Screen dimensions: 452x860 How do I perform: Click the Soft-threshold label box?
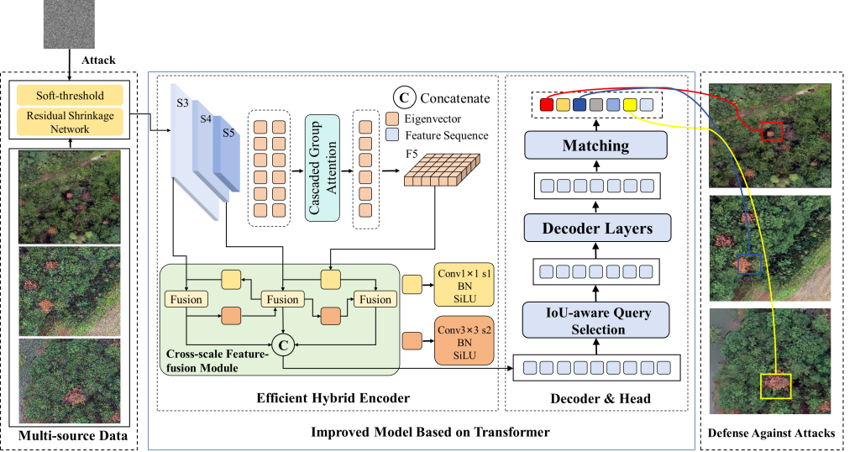point(70,95)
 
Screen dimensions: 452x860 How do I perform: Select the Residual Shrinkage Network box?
point(70,123)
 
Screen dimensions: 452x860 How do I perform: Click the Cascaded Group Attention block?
point(322,168)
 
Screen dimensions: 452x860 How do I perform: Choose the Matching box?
point(595,145)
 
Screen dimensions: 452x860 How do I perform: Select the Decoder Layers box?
point(597,228)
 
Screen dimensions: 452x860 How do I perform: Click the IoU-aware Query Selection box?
point(597,321)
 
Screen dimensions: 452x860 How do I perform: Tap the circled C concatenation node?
point(284,343)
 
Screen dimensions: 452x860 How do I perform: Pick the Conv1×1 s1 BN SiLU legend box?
point(464,286)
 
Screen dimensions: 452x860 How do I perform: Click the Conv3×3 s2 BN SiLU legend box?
point(464,339)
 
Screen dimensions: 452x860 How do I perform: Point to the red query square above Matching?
point(547,105)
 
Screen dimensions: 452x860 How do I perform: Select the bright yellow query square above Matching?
point(630,105)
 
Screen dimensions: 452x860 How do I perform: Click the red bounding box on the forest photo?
point(771,131)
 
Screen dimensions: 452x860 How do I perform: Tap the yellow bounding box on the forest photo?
point(776,386)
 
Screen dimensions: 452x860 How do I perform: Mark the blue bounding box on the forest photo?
point(747,264)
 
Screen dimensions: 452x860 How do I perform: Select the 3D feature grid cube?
point(442,170)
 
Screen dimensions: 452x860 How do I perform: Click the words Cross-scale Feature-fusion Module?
point(217,360)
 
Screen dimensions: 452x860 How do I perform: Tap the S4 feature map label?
point(206,118)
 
